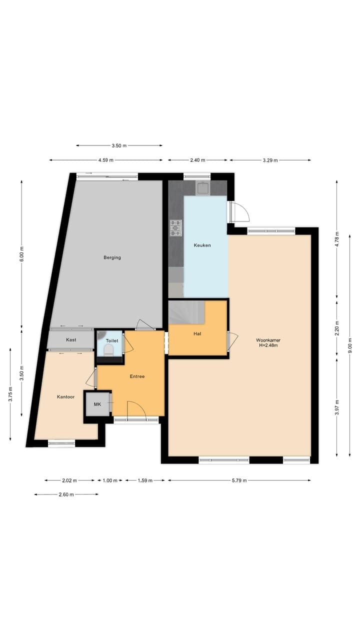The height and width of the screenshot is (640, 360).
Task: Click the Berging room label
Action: click(x=112, y=257)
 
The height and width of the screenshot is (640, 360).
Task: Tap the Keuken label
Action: click(x=202, y=245)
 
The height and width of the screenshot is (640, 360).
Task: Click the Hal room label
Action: click(x=197, y=333)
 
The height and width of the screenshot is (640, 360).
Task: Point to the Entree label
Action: click(x=137, y=376)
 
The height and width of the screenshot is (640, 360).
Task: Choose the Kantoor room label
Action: click(x=65, y=396)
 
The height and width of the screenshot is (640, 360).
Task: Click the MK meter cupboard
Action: click(x=97, y=404)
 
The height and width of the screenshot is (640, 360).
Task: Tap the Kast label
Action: click(x=71, y=339)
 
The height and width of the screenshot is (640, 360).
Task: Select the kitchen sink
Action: click(x=202, y=188)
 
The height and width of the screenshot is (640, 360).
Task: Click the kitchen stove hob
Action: click(x=176, y=227)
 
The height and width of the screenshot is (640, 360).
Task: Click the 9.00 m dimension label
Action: click(x=350, y=342)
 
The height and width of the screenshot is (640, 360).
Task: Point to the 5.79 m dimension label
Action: click(x=239, y=480)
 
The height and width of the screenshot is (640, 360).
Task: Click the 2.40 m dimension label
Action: click(x=198, y=160)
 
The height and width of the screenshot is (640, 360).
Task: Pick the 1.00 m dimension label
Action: click(x=109, y=480)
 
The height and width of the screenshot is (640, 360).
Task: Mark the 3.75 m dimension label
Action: click(x=10, y=395)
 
